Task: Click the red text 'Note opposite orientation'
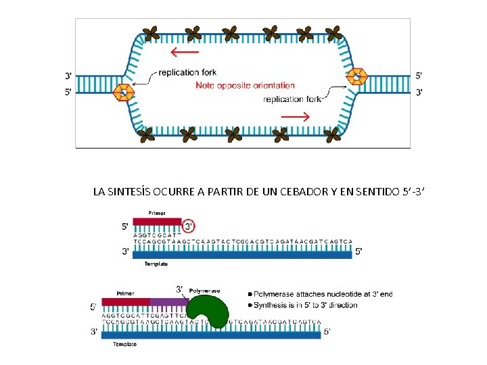click(x=245, y=85)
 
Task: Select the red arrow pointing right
click(x=295, y=116)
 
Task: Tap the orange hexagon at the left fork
click(x=124, y=93)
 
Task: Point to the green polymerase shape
click(x=208, y=313)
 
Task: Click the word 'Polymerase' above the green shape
click(x=204, y=291)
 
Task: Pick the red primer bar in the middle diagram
click(x=157, y=221)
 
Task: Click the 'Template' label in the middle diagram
click(x=156, y=264)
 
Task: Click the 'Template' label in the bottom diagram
click(x=124, y=344)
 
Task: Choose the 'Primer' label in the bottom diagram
click(x=125, y=293)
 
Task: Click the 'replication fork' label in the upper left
click(x=188, y=72)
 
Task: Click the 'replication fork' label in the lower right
click(x=292, y=99)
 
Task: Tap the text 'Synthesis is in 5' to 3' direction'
click(x=306, y=306)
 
